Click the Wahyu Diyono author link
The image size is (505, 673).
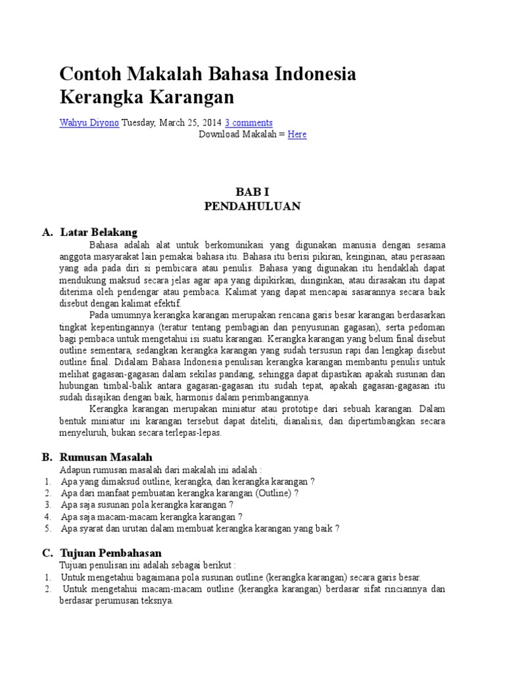(x=89, y=123)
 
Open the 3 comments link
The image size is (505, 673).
(x=249, y=123)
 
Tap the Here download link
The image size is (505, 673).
(x=297, y=135)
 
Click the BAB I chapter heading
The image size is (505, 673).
(x=252, y=192)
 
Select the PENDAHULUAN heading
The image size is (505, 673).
(x=252, y=206)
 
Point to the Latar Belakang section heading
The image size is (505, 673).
(x=99, y=233)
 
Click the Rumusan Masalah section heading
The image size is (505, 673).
(x=106, y=457)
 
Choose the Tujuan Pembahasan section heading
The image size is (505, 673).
(x=110, y=553)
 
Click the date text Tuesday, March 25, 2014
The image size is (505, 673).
(x=172, y=123)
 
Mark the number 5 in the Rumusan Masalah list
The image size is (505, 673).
(x=48, y=528)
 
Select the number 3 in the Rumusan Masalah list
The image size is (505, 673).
(x=48, y=505)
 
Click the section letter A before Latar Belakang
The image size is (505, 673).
(x=46, y=233)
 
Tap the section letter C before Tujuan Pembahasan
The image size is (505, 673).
(x=46, y=553)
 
